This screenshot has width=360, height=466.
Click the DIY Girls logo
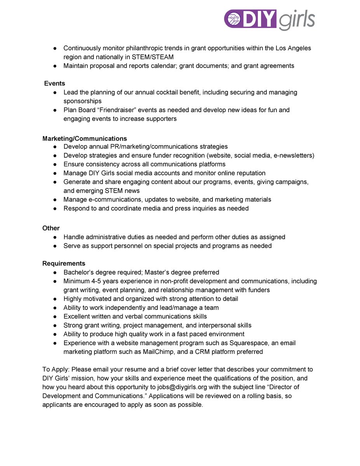pos(269,19)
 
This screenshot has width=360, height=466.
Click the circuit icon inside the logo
pos(235,19)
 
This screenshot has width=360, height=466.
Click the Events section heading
pos(54,83)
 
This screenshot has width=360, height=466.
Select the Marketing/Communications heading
pos(84,138)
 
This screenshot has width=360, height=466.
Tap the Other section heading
pos(51,228)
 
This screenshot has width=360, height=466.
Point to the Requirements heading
pos(64,263)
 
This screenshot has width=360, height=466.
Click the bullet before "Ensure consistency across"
pos(56,164)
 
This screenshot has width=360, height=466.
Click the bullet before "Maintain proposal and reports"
pos(56,66)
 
